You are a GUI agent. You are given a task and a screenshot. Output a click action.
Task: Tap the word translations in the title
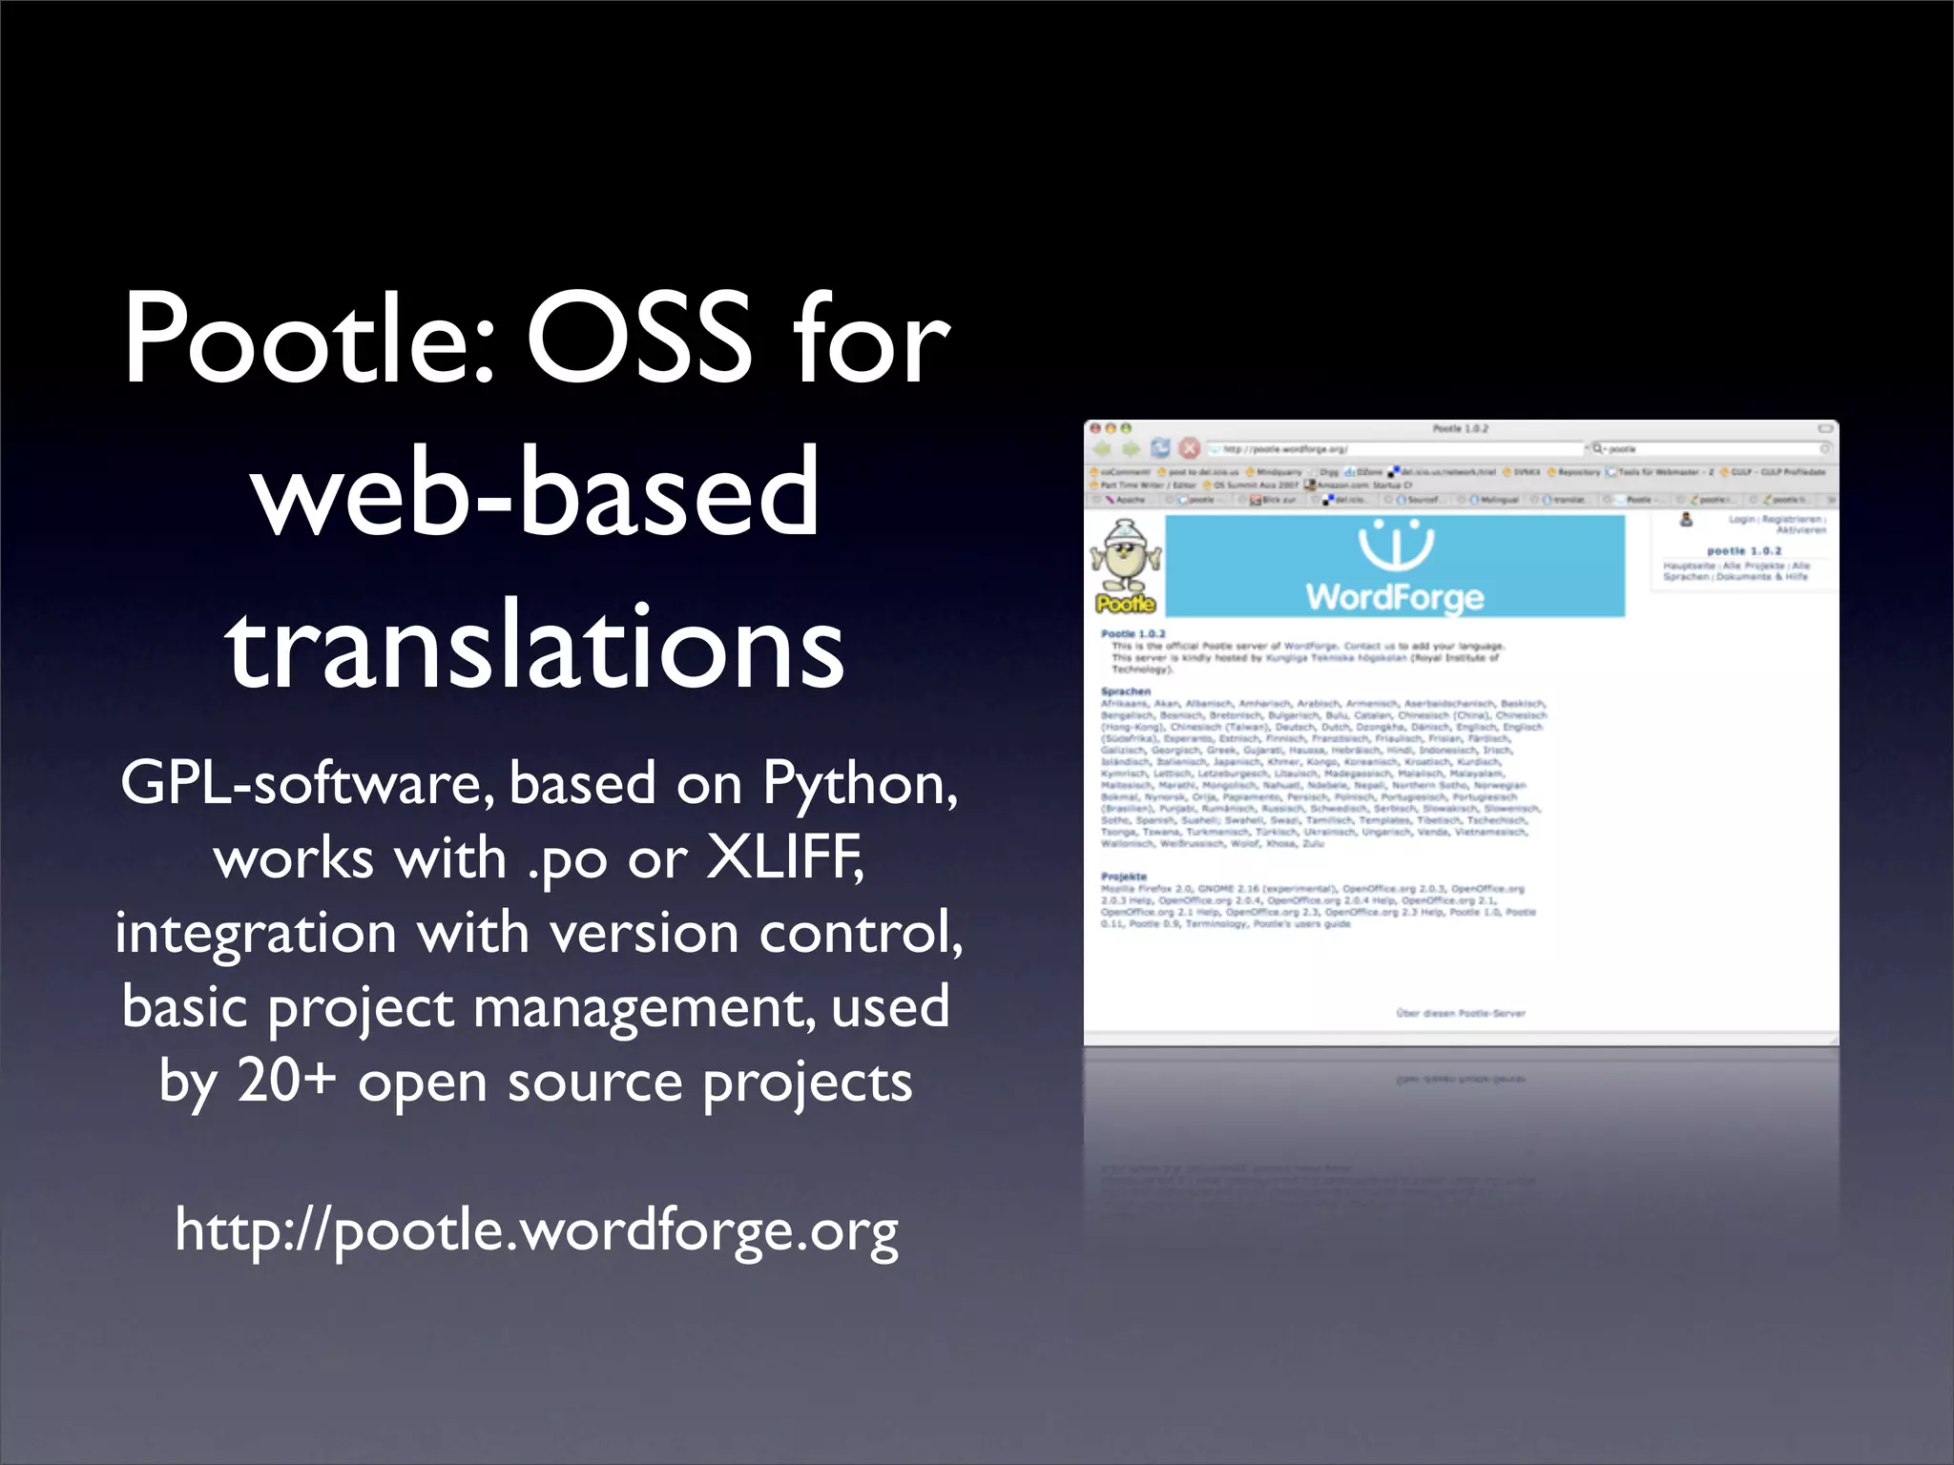[535, 646]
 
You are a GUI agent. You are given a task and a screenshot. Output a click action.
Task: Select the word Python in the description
[859, 785]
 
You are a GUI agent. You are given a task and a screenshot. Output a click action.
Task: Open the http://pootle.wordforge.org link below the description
[536, 1230]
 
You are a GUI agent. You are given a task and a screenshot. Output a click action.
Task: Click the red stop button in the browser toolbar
[1189, 448]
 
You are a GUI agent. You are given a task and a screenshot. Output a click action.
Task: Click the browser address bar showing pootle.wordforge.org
[1393, 448]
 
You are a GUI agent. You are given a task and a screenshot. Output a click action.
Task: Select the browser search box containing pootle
[1708, 448]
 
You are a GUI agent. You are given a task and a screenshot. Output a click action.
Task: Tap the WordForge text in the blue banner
[1395, 597]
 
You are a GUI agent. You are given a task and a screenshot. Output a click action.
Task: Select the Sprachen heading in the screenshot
[1126, 691]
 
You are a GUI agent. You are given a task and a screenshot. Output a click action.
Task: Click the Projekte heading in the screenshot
[1124, 877]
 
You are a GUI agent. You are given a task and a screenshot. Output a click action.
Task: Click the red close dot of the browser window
[1096, 429]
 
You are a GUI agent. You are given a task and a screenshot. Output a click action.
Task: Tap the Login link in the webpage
[1741, 519]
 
